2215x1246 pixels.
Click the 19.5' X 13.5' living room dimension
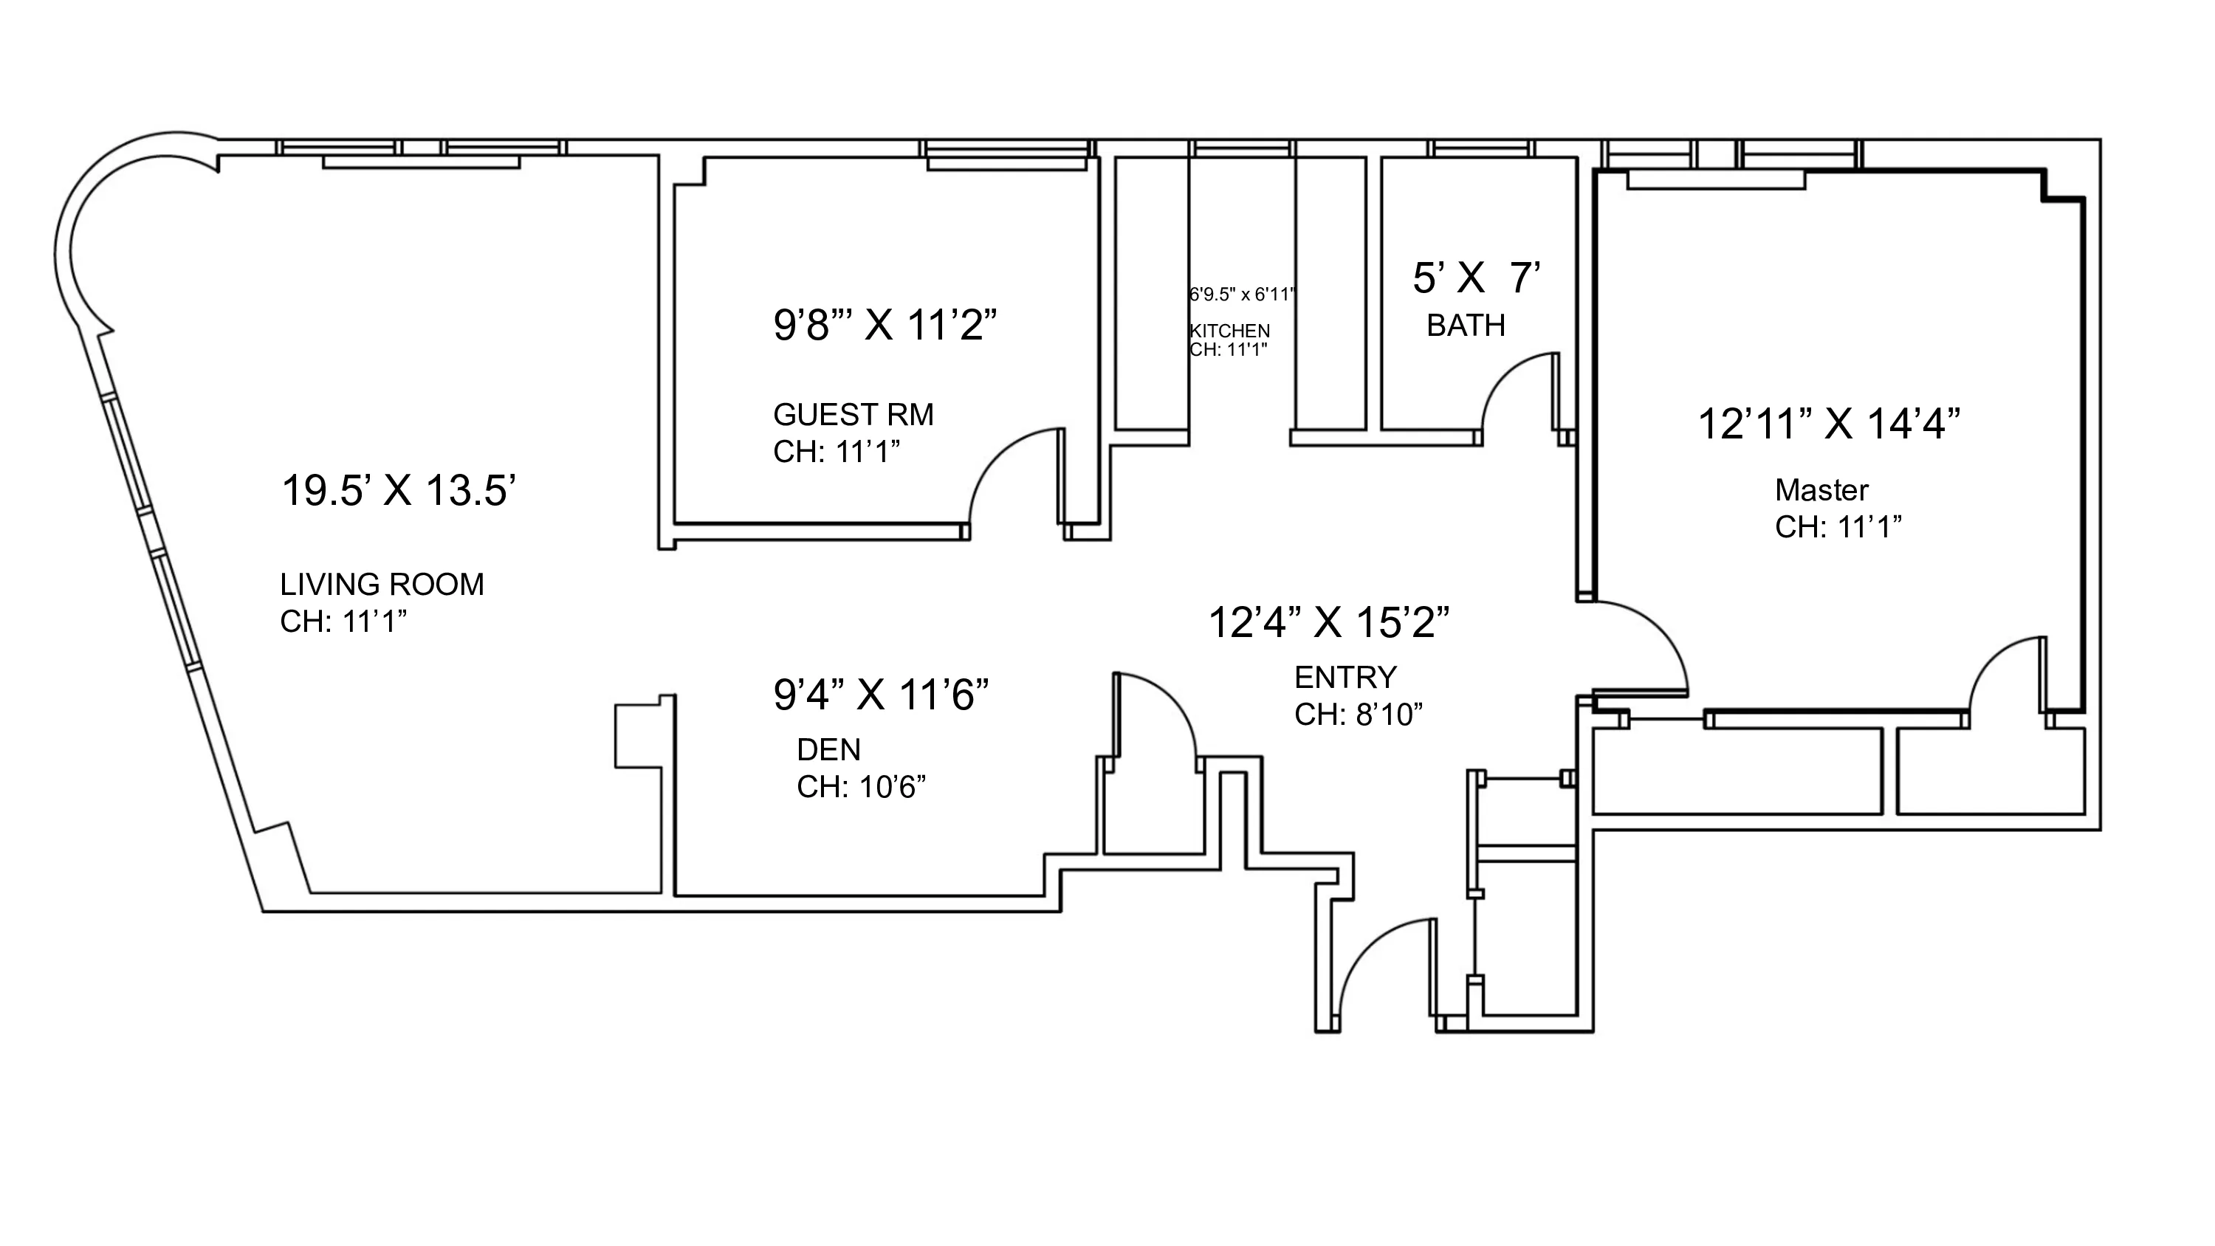click(x=398, y=491)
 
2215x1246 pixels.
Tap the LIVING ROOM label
click(x=382, y=585)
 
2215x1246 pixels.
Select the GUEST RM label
click(x=853, y=415)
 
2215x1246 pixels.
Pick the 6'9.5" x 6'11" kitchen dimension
click(x=1242, y=295)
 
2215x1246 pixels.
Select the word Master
click(x=1821, y=490)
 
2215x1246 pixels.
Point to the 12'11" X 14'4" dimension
click(x=1829, y=424)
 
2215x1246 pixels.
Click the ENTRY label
click(x=1345, y=678)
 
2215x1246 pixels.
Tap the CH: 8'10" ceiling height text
click(x=1359, y=715)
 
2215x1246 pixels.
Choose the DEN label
click(x=828, y=750)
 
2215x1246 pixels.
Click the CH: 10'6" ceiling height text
click(x=861, y=787)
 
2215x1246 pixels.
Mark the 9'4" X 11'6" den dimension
click(x=881, y=694)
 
